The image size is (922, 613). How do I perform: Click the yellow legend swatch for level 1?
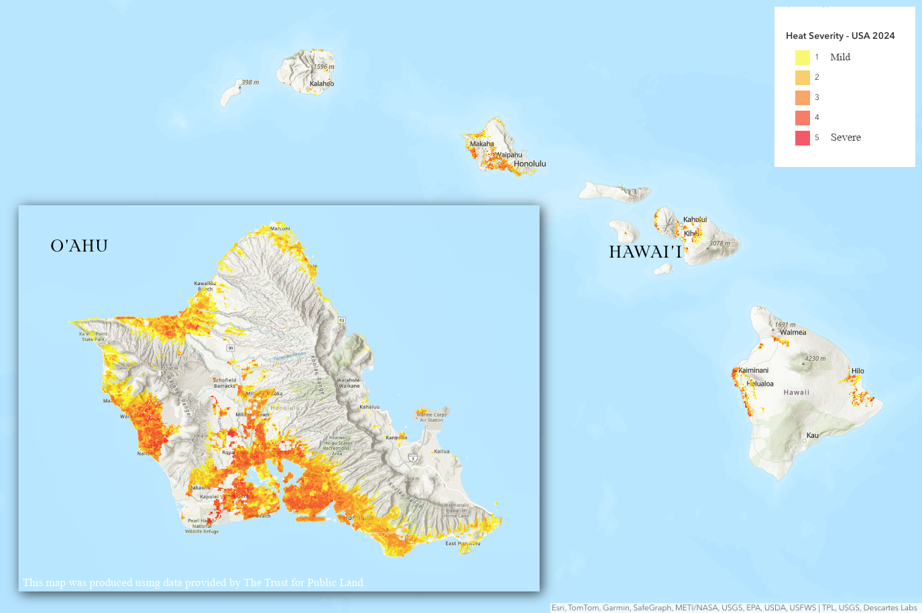point(802,58)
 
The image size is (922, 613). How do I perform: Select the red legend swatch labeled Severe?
point(802,138)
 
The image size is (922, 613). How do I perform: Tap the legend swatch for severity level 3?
point(802,98)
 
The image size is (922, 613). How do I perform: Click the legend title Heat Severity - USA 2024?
point(840,36)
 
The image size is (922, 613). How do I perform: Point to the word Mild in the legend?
point(840,58)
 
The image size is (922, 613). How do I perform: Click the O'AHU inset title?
point(79,246)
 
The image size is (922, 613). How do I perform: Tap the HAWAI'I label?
point(645,252)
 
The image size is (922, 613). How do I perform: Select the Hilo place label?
point(858,371)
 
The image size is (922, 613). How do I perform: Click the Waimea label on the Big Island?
point(793,333)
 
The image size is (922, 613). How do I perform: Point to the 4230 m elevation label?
point(815,359)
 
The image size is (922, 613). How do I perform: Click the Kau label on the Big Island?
point(812,435)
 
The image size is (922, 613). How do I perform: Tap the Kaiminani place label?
point(754,370)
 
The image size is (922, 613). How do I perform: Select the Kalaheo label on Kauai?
point(322,84)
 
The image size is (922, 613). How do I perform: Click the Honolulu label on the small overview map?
point(530,164)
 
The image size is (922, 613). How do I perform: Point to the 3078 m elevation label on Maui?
point(720,243)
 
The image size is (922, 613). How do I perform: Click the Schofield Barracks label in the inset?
point(225,383)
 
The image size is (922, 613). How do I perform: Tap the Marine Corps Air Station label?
point(431,417)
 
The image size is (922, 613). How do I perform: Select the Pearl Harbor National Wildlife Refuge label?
point(202,526)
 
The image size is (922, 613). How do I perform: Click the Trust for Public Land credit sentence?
point(193,582)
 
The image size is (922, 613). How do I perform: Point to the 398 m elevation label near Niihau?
point(250,82)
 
